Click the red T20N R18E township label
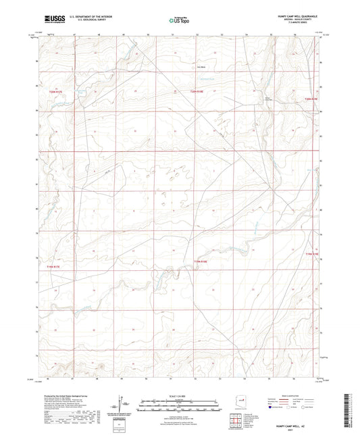tap(196, 92)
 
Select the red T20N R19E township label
tap(310, 99)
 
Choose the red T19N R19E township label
tap(310, 255)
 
